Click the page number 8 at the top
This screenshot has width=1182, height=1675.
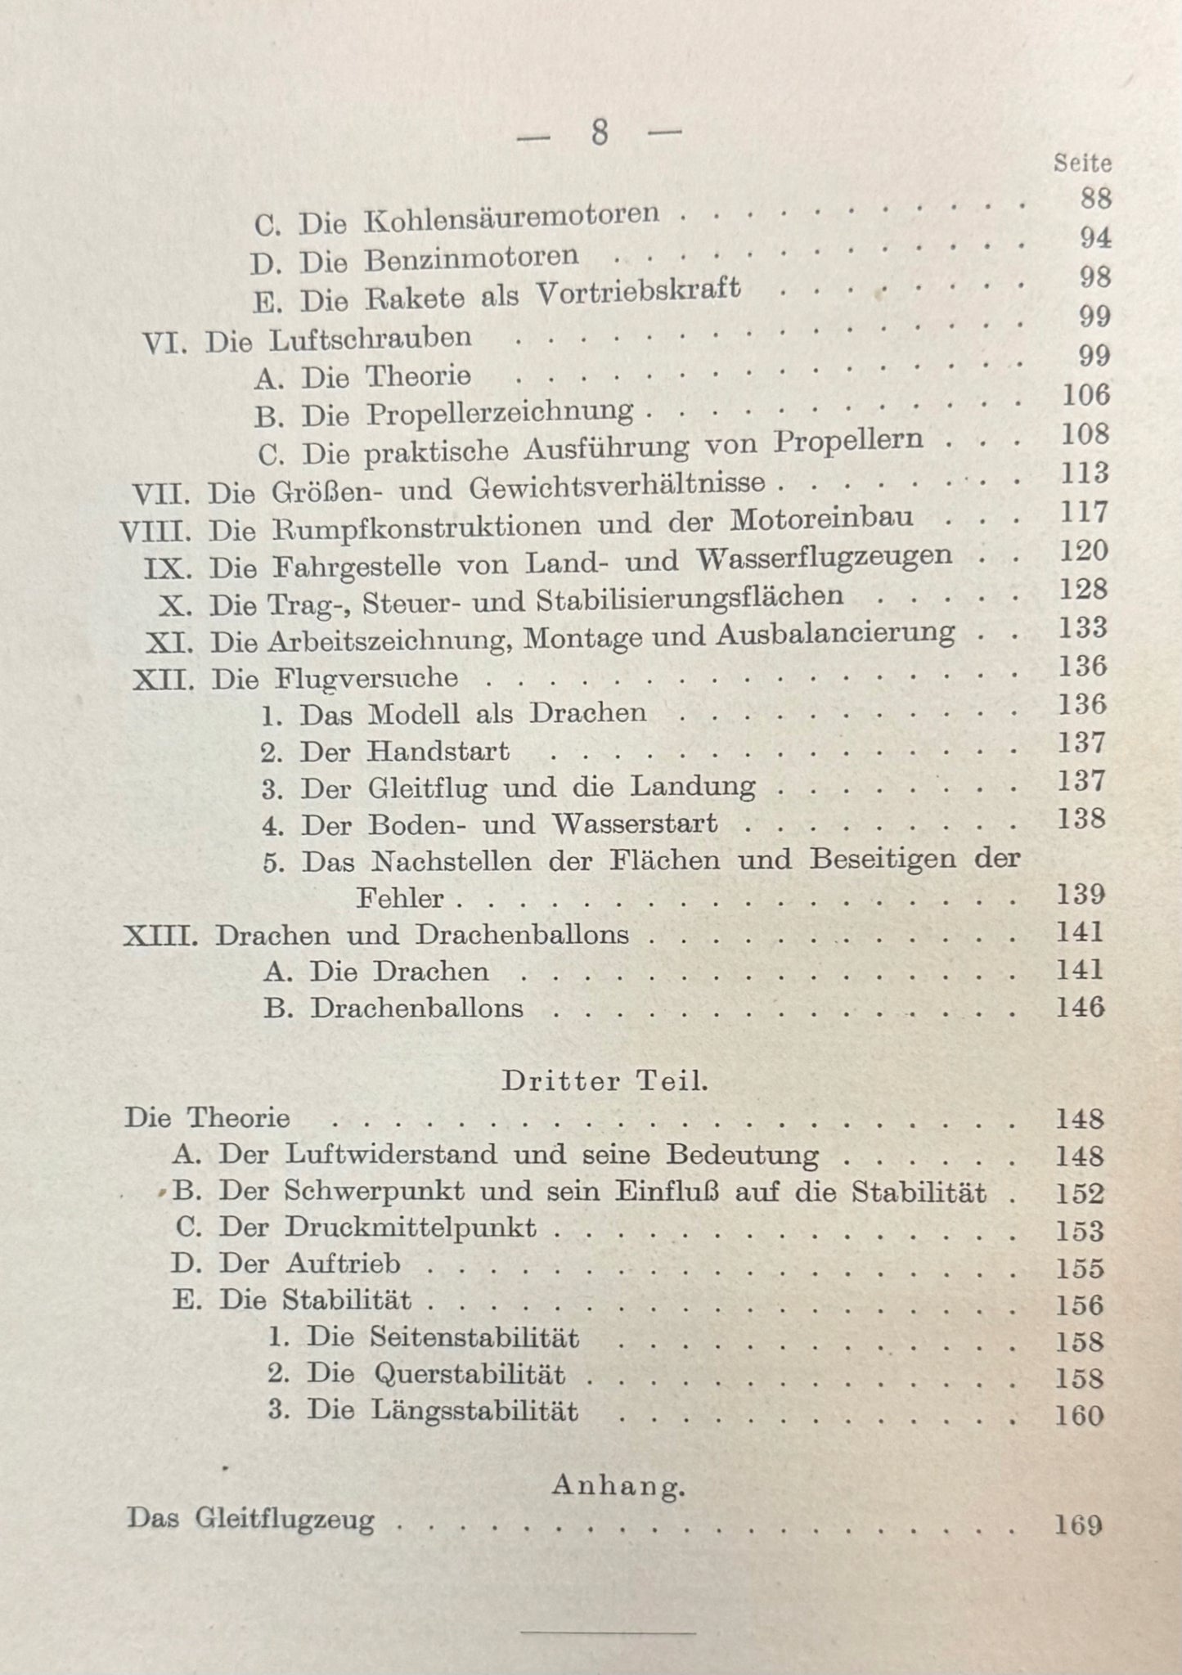coord(600,133)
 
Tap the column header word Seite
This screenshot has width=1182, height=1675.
coord(1082,163)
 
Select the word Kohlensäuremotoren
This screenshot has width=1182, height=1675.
coord(511,218)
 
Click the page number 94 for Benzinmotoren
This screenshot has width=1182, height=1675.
coord(1094,237)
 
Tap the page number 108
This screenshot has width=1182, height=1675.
coord(1085,434)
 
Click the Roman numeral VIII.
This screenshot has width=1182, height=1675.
coord(156,532)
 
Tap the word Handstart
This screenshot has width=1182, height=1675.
coord(438,751)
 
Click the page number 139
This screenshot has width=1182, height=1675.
coord(1080,894)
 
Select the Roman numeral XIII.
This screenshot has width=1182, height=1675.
coord(161,936)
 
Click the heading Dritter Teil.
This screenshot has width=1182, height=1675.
coord(604,1081)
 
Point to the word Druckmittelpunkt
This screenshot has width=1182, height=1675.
coord(411,1228)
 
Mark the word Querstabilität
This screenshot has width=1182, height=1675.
coord(470,1374)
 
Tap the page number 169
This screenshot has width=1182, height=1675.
coord(1079,1525)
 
